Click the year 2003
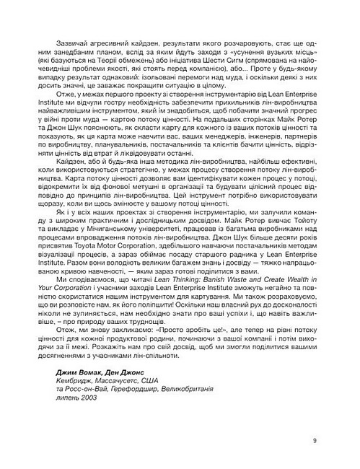pyautogui.click(x=89, y=399)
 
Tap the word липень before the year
pyautogui.click(x=67, y=399)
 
